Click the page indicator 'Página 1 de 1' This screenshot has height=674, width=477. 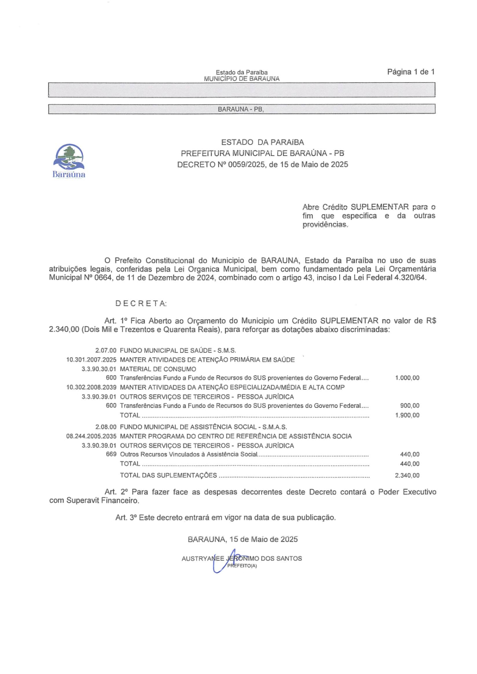pos(411,72)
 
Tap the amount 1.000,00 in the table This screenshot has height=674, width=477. pos(407,378)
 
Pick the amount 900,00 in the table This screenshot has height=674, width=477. pos(410,406)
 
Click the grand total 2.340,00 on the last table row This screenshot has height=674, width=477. pos(407,475)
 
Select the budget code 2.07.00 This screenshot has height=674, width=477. pos(105,351)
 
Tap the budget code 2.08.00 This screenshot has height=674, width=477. pos(105,427)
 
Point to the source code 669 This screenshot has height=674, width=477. pos(111,454)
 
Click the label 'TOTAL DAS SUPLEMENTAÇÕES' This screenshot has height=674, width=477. pos(169,475)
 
